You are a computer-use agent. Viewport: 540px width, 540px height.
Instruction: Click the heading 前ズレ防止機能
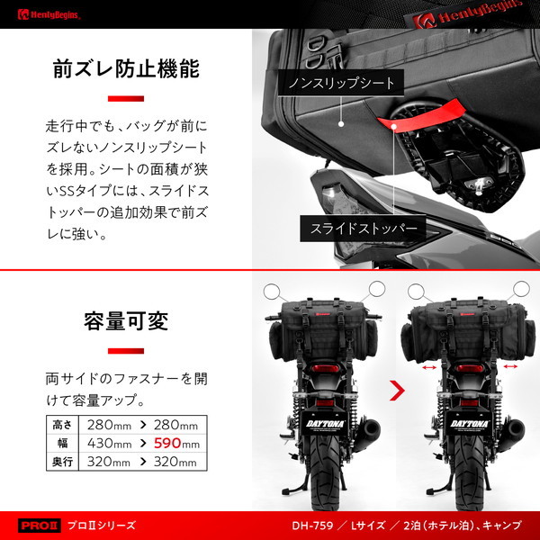pyautogui.click(x=126, y=69)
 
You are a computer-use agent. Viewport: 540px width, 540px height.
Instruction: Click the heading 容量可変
pyautogui.click(x=126, y=319)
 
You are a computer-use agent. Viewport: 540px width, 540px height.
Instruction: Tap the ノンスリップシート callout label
pyautogui.click(x=341, y=84)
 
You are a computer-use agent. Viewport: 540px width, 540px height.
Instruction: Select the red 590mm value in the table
pyautogui.click(x=177, y=443)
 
